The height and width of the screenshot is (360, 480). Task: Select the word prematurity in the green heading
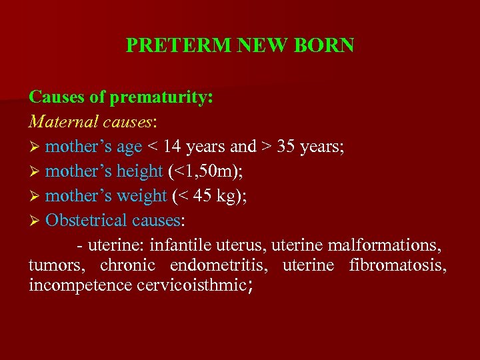pos(161,97)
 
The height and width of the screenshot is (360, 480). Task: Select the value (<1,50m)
pos(205,171)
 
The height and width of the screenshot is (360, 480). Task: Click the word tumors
pos(56,265)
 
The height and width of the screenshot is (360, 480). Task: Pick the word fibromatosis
pos(397,265)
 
